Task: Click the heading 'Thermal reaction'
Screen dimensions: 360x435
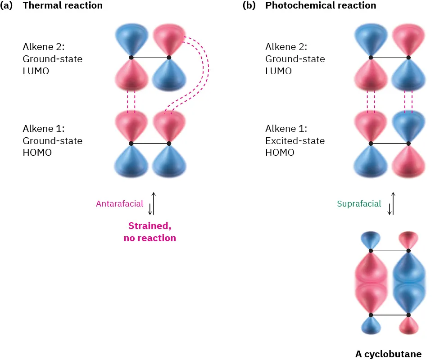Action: [63, 6]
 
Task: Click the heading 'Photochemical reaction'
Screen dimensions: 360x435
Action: [321, 6]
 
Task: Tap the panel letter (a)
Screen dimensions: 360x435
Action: [9, 6]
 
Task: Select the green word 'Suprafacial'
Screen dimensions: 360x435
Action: [359, 204]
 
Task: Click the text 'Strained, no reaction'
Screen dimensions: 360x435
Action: [150, 232]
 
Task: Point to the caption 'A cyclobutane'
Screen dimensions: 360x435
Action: [388, 354]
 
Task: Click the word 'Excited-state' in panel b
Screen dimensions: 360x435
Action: [295, 141]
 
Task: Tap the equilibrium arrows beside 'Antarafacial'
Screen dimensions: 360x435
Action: [152, 203]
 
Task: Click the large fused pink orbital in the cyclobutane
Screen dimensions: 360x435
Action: [370, 283]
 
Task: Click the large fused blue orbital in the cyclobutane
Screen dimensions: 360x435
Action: [408, 283]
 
